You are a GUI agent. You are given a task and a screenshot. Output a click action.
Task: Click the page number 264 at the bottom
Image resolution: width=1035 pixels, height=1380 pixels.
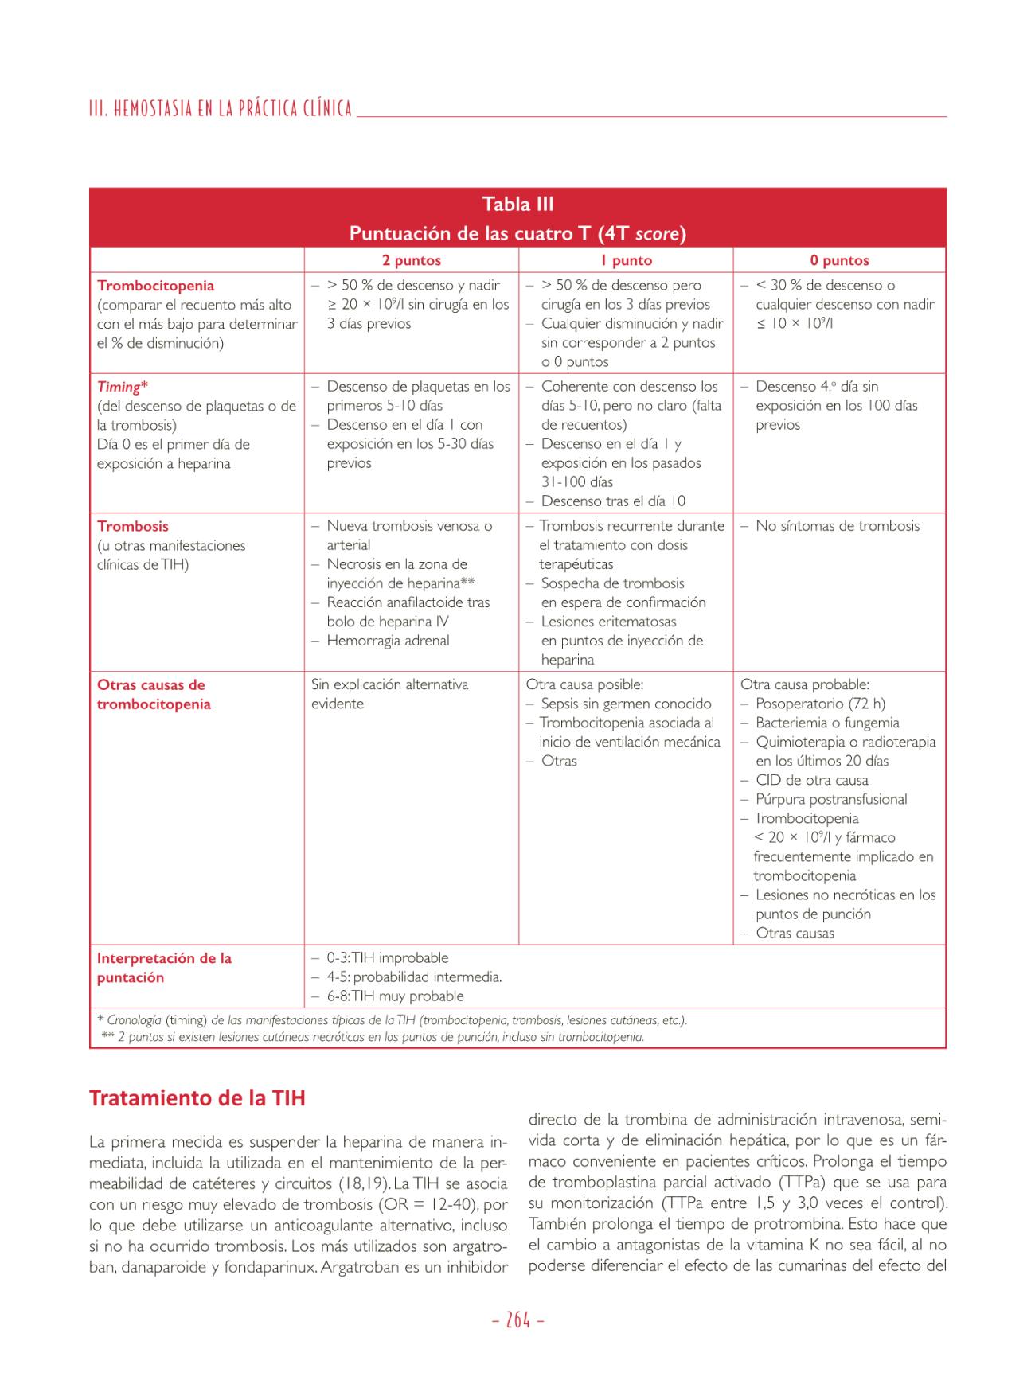coord(517,1320)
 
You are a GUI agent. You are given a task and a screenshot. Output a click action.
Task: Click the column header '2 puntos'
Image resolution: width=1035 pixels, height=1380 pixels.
coord(411,260)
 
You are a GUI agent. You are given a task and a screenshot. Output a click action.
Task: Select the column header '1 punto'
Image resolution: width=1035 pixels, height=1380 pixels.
coord(626,260)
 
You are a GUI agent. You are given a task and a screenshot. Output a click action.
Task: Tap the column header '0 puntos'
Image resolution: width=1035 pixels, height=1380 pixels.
coord(839,260)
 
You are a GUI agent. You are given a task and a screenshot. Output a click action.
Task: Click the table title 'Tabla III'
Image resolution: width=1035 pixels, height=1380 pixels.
coord(517,204)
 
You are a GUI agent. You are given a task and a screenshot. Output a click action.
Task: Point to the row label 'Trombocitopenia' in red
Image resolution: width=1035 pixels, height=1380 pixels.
coord(155,286)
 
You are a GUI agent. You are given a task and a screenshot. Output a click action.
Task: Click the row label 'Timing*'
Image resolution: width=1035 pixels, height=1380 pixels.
coord(122,387)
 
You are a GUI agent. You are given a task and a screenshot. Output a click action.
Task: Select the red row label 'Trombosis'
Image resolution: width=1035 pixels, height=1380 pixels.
coord(132,526)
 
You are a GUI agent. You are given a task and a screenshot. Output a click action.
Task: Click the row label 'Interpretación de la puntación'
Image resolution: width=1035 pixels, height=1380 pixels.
coord(164,968)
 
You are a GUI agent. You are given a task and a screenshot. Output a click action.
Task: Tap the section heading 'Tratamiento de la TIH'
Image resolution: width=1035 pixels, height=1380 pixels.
coord(197,1098)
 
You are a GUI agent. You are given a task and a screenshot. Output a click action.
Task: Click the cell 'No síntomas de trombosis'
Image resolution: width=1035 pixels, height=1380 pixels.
coord(837,526)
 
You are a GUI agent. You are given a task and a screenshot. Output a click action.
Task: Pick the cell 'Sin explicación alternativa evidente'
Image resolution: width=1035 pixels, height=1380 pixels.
coord(389,694)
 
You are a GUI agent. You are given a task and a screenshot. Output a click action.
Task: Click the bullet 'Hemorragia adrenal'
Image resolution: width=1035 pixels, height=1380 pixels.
coord(388,641)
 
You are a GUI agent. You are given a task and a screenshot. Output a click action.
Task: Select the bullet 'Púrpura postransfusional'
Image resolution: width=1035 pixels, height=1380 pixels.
coord(831,799)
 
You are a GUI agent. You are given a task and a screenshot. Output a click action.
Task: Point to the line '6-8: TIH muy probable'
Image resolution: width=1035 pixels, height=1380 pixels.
coord(395,996)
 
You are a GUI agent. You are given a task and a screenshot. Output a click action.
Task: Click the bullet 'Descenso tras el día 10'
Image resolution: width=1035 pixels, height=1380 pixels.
coord(613,501)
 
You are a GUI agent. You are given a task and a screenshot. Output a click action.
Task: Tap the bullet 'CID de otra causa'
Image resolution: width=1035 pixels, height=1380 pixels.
coord(811,780)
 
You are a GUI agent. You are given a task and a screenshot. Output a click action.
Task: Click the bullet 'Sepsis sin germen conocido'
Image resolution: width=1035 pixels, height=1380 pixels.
coord(626,704)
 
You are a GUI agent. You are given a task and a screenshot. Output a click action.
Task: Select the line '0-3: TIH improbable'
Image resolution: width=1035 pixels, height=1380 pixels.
coord(387,958)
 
